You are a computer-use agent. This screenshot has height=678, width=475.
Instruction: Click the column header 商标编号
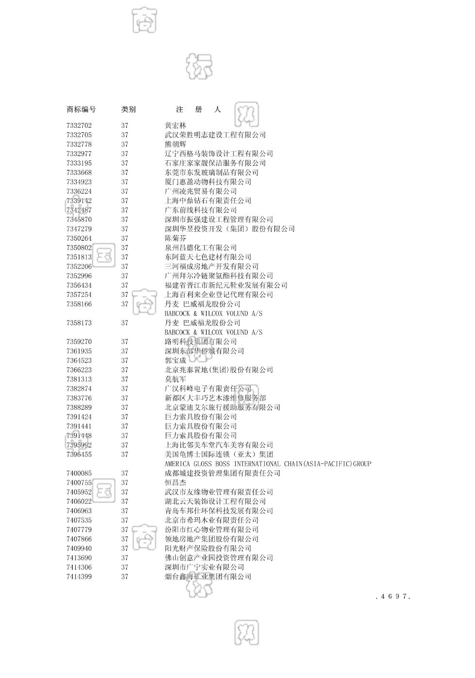pos(81,110)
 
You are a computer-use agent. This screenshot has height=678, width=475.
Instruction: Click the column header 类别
pos(128,110)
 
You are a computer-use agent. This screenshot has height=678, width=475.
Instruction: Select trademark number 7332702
pos(79,125)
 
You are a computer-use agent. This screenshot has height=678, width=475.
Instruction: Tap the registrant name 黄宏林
pos(175,125)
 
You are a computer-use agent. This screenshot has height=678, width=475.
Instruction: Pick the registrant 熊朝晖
pos(175,144)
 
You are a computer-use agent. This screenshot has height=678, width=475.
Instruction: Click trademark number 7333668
pos(79,172)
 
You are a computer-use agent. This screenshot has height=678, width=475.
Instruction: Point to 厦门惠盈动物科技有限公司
pos(208,182)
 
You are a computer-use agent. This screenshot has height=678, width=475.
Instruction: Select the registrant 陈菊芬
pos(175,238)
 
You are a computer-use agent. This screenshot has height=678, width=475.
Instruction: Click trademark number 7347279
pos(79,229)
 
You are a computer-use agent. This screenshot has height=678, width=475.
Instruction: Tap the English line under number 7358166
pos(213,314)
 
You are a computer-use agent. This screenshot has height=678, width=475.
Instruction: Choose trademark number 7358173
pos(79,323)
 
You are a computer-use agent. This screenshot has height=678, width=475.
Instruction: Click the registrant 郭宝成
pos(175,361)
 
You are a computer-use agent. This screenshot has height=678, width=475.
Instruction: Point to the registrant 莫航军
pos(175,379)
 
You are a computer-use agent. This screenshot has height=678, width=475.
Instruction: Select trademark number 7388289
pos(79,408)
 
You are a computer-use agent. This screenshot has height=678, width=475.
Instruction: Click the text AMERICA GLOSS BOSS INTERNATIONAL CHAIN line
pos(268,464)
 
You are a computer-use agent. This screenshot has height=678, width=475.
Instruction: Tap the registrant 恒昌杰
pos(175,483)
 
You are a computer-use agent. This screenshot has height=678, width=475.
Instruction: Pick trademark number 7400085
pos(79,474)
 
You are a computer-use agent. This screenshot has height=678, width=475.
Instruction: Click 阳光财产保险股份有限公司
pos(208,549)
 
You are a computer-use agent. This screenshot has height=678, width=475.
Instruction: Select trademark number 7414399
pos(79,577)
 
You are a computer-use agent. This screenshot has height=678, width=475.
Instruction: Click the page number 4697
pos(393,597)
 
